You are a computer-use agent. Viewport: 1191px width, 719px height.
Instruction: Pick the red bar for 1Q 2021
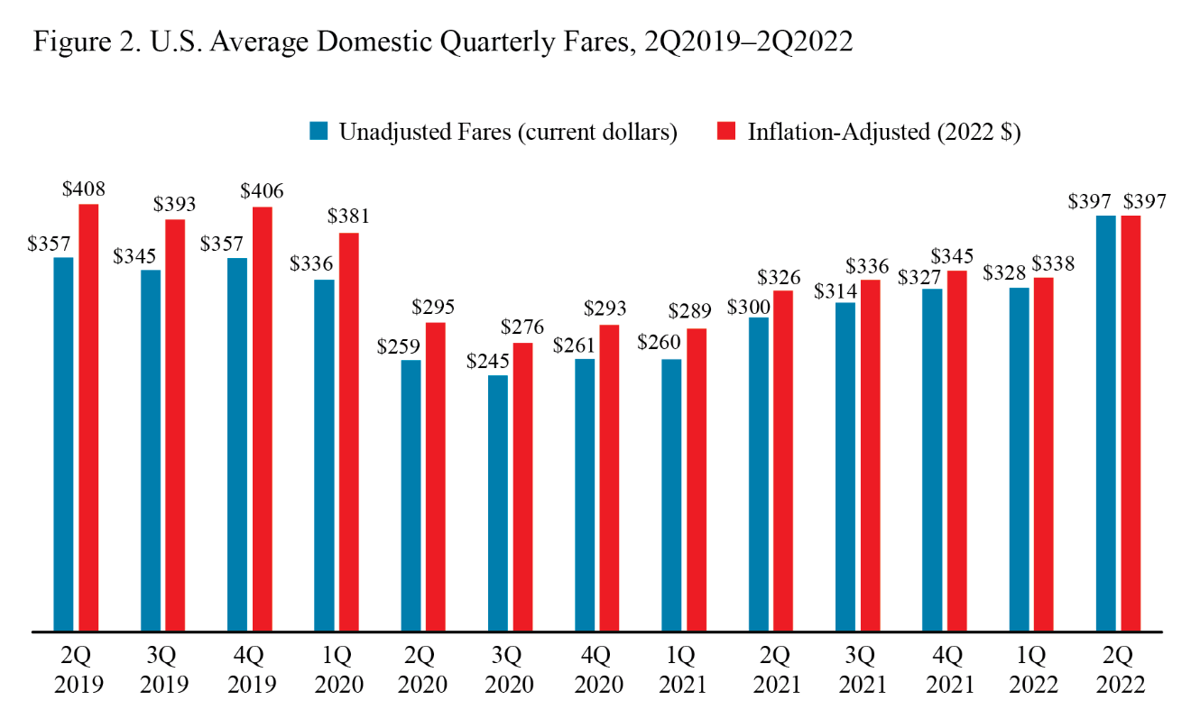[696, 479]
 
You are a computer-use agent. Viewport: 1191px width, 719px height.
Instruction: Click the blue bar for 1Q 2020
[324, 455]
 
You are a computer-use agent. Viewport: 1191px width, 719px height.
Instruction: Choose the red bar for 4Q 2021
[956, 450]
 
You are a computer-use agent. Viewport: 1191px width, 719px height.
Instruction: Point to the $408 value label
[84, 190]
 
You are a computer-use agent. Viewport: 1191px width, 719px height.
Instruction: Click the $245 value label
[488, 361]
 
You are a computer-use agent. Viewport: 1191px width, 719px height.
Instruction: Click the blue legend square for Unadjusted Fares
[318, 131]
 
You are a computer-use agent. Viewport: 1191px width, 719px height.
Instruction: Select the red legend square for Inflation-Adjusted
[726, 131]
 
